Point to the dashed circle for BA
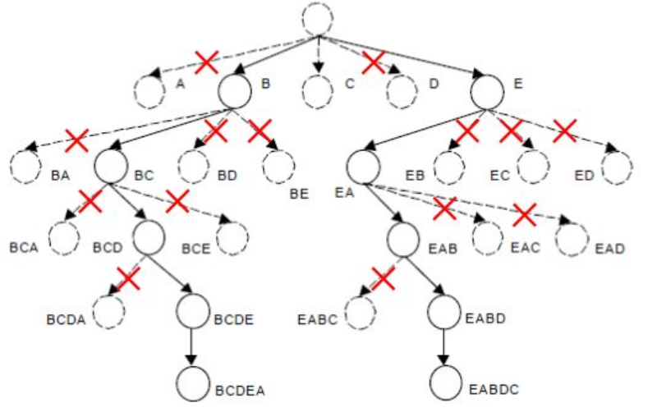pyautogui.click(x=25, y=167)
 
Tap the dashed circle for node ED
pyautogui.click(x=617, y=167)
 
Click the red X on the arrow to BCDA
pyautogui.click(x=129, y=279)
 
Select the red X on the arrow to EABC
pyautogui.click(x=383, y=279)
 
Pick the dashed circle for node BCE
pyautogui.click(x=234, y=237)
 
